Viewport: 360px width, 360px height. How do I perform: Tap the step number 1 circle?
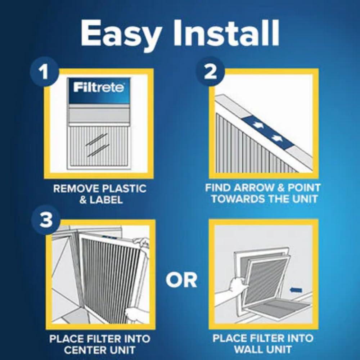point(44,72)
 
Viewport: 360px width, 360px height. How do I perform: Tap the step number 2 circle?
point(210,72)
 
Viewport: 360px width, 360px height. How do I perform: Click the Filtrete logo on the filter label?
point(99,87)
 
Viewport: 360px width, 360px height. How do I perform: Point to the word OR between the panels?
point(181,280)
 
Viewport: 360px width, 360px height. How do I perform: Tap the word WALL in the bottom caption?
point(248,350)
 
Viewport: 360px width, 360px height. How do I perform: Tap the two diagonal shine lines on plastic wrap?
point(97,144)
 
